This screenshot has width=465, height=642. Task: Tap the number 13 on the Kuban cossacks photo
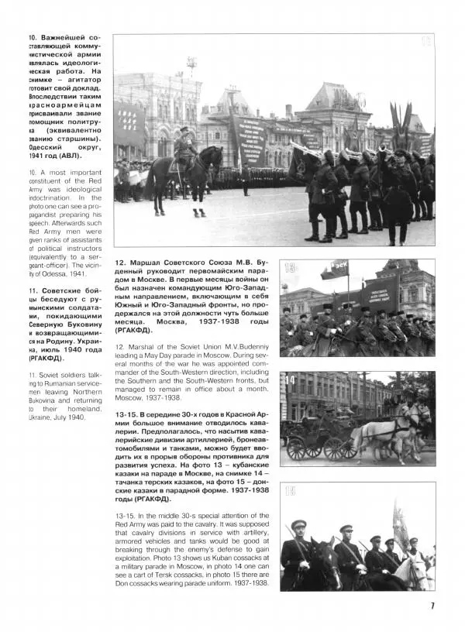[x=290, y=269]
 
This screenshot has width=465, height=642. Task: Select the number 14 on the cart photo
[x=290, y=380]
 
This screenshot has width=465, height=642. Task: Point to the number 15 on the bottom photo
[x=290, y=491]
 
